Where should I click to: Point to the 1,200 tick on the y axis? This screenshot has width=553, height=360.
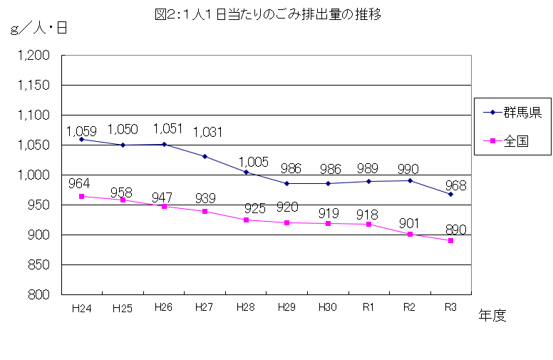pos(33,56)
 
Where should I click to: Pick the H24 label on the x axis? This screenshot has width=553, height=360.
pos(81,308)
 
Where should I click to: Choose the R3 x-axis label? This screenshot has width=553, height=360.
pos(450,308)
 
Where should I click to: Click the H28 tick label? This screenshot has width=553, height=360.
pos(245,308)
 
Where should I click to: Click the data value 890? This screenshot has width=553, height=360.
pos(456,230)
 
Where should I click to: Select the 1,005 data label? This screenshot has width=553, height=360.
pos(254,162)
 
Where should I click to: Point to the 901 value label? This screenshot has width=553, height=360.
pos(415,222)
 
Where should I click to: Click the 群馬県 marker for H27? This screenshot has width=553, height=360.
pos(205,156)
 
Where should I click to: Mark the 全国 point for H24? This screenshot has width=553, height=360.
pos(81,196)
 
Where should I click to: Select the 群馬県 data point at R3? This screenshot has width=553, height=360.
pos(450,194)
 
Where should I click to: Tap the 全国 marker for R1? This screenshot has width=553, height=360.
pos(368,224)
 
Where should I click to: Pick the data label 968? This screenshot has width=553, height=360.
pos(456,185)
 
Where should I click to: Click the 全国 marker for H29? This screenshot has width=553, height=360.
pos(286,222)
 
